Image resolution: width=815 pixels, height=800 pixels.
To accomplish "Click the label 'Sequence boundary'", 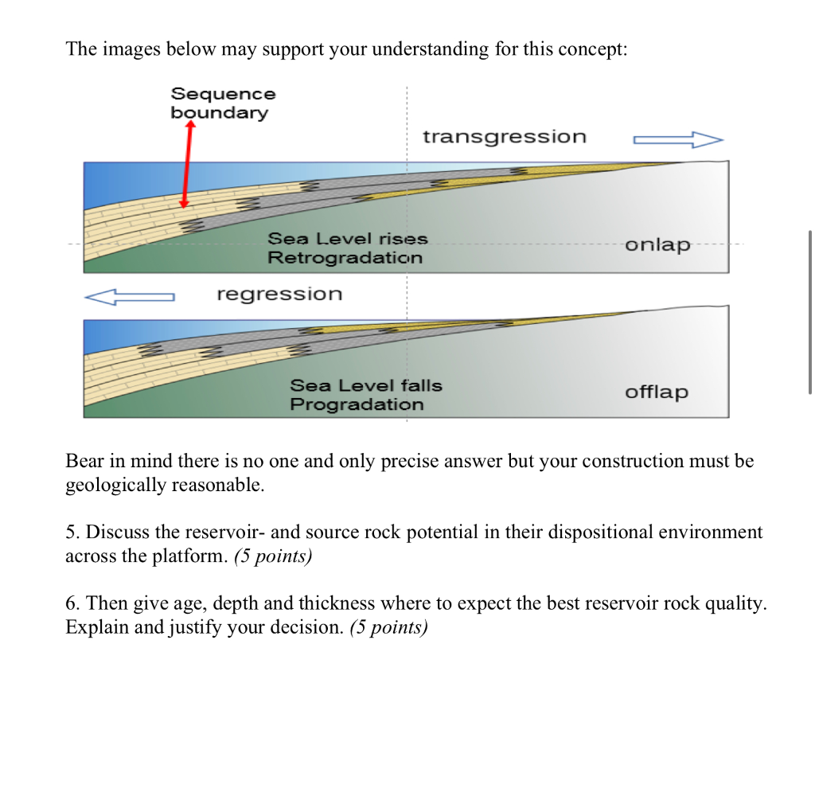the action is pyautogui.click(x=223, y=103).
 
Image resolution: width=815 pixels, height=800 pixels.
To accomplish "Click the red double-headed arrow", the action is pyautogui.click(x=187, y=166).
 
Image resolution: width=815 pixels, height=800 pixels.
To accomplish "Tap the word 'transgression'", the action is pyautogui.click(x=504, y=137).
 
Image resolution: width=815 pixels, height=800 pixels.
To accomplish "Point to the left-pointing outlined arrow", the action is pyautogui.click(x=129, y=297).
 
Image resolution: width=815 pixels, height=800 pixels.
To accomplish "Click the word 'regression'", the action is pyautogui.click(x=279, y=295).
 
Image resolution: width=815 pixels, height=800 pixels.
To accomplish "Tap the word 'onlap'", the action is pyautogui.click(x=657, y=244).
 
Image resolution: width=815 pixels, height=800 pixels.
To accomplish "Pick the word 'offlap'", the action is pyautogui.click(x=657, y=392).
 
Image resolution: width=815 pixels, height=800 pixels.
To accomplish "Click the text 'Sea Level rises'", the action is pyautogui.click(x=348, y=239).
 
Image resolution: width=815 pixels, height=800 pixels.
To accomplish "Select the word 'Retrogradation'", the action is pyautogui.click(x=345, y=258).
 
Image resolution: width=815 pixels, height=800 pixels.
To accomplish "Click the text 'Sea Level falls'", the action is pyautogui.click(x=365, y=385).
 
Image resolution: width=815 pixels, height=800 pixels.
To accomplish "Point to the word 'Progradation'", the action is pyautogui.click(x=357, y=404).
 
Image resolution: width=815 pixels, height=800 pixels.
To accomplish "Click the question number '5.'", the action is pyautogui.click(x=72, y=533).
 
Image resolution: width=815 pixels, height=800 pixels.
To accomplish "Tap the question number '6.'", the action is pyautogui.click(x=72, y=604).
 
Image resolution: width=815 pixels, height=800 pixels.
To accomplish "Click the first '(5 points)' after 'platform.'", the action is pyautogui.click(x=273, y=556).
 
